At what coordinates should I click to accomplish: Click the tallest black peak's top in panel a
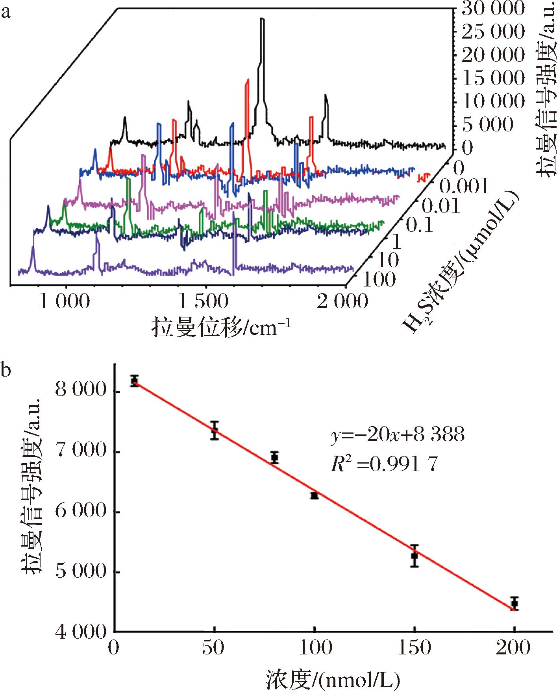pos(262,19)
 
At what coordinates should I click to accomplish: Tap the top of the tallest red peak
pos(248,80)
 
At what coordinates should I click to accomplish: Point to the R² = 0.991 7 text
pos(384,464)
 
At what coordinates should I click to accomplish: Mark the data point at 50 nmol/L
pos(214,430)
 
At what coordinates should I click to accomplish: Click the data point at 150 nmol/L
pos(414,556)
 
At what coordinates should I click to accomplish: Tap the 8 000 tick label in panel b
pos(81,392)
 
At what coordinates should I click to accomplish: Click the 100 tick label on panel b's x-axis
pos(314,647)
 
